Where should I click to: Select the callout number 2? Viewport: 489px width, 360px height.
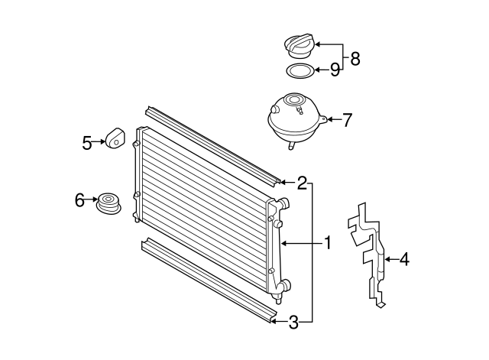[x=303, y=183]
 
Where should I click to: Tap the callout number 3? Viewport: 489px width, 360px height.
[x=294, y=323]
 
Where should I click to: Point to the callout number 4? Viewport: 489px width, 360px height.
[x=404, y=260]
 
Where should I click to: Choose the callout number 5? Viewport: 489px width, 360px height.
[x=86, y=141]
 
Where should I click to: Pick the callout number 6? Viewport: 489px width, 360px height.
[x=79, y=200]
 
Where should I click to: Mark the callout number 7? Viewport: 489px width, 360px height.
[x=347, y=120]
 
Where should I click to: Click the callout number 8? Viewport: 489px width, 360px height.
[x=355, y=57]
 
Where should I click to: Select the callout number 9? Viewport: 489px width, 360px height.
[x=334, y=70]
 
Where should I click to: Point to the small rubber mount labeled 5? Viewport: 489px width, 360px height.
[x=115, y=138]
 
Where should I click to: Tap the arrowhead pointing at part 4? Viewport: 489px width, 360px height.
[x=386, y=260]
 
